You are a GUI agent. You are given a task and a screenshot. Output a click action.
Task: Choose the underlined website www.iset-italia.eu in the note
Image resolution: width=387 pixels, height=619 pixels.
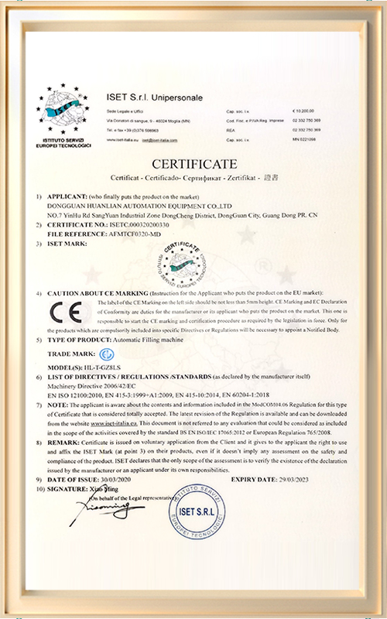click(x=115, y=425)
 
